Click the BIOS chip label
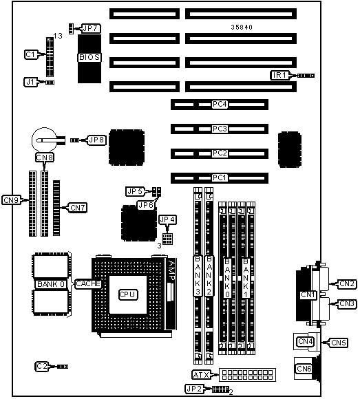89,57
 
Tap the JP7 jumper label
91,28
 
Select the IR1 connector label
279,75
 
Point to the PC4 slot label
220,105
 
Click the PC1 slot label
220,177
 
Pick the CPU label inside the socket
128,294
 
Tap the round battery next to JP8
44,140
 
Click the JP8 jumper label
96,140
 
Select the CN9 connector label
11,200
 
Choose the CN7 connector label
78,208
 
